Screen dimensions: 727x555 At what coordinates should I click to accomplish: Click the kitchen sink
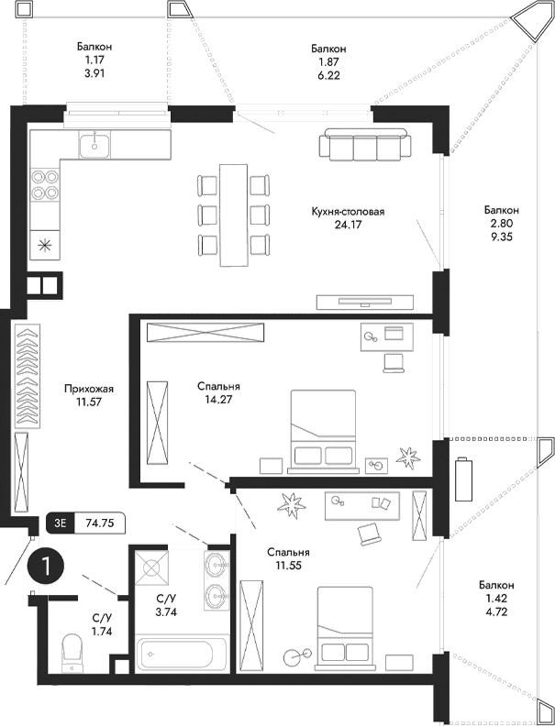(x=94, y=144)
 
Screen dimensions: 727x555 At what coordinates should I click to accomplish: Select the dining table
(x=233, y=215)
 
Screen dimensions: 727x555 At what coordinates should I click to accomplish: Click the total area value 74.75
(x=98, y=524)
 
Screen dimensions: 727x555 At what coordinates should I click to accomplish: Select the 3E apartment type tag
(x=60, y=524)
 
